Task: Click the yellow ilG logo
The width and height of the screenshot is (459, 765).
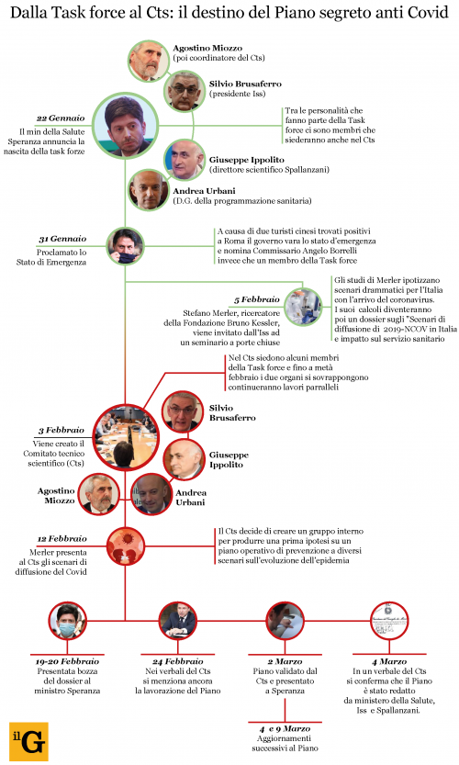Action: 28,740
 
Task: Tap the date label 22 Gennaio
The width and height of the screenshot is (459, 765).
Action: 61,118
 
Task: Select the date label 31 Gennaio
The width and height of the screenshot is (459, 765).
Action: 62,239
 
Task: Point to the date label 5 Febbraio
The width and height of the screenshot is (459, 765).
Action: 256,299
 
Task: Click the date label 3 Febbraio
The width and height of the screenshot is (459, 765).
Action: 62,430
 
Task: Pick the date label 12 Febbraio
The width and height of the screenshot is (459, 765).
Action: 62,538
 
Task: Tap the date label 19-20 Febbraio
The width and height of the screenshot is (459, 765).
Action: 67,661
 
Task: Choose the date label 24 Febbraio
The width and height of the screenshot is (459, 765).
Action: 177,661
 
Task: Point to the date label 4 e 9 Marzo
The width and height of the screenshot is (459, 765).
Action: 285,729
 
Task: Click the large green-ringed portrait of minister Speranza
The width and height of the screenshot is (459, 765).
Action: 126,126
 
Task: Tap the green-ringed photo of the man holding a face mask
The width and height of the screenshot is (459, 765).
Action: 126,246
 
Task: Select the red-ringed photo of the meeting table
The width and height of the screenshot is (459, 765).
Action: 126,436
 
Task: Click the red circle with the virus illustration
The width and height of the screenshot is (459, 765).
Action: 126,546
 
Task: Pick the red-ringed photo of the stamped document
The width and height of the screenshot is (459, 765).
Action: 389,621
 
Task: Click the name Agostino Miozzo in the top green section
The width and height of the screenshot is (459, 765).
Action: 207,48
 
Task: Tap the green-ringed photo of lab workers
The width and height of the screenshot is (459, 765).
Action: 303,307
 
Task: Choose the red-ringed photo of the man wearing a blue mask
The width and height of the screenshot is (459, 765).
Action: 68,621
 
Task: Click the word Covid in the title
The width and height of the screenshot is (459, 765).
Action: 428,12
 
